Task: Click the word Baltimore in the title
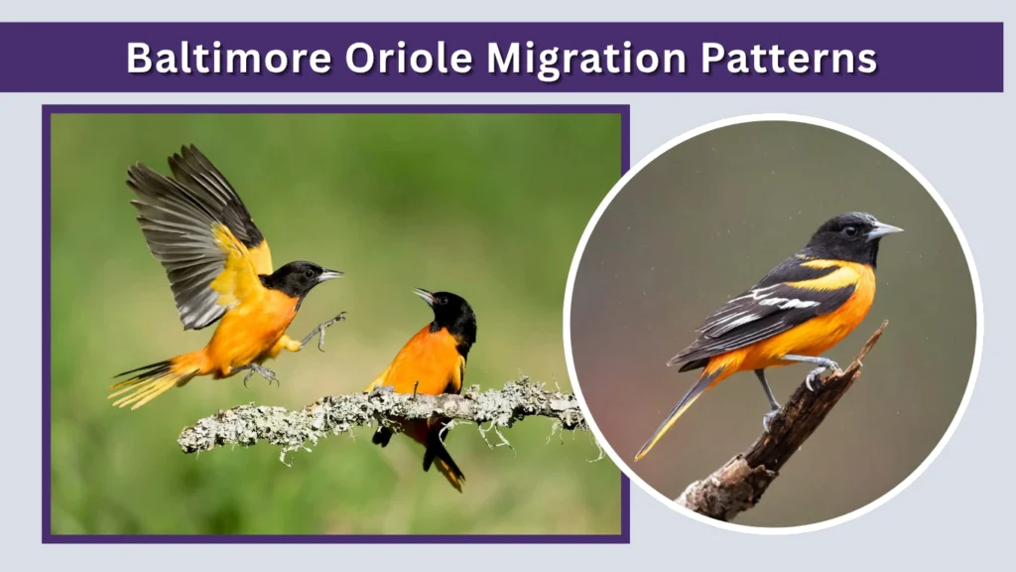228,58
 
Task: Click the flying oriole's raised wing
193,228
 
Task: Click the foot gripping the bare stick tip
823,370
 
